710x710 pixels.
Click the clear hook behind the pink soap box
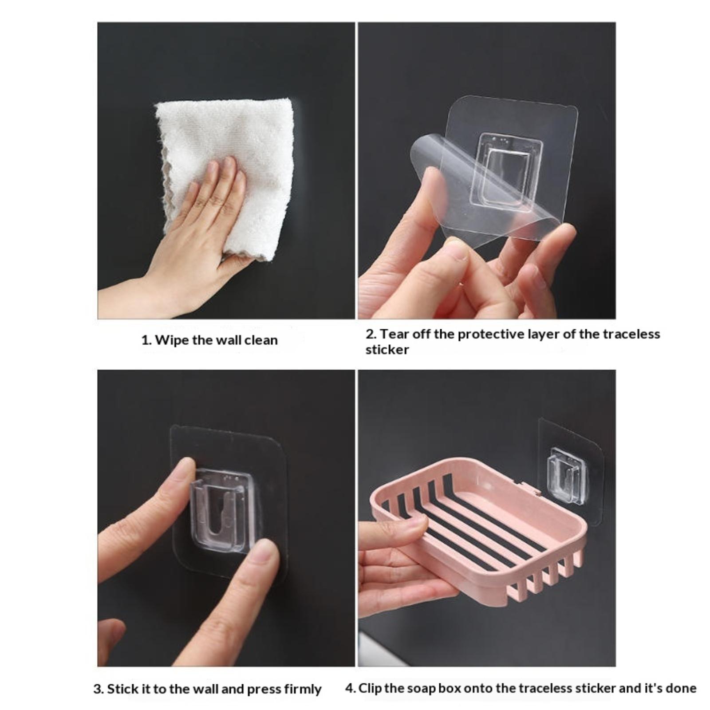[566, 475]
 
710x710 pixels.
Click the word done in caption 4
[680, 688]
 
